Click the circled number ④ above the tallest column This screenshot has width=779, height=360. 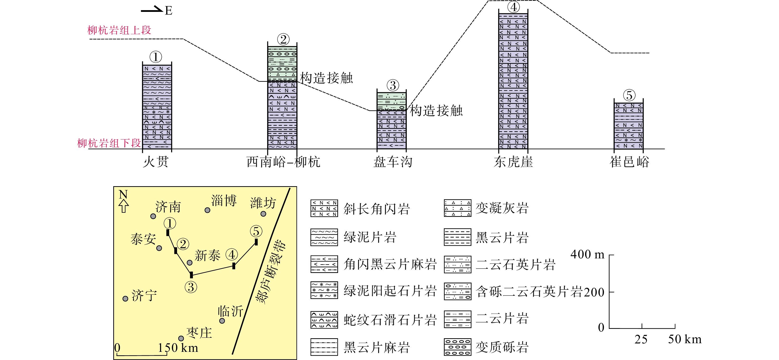(513, 7)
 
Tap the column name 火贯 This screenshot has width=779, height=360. (156, 162)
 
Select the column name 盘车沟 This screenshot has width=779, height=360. (392, 162)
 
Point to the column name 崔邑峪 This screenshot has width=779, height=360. (629, 162)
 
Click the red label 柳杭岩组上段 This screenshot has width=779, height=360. (119, 30)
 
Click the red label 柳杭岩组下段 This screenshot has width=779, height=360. (109, 143)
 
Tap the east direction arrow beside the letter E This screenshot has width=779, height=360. (152, 10)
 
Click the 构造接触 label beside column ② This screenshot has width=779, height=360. (326, 78)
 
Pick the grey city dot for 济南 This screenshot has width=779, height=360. (153, 216)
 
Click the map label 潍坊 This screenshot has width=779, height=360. (263, 202)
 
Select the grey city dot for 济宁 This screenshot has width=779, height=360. (125, 299)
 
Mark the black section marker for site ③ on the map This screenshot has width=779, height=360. (191, 275)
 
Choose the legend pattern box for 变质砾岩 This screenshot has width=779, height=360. (458, 347)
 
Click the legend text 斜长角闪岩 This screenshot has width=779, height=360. (376, 209)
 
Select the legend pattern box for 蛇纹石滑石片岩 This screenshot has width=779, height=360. (324, 320)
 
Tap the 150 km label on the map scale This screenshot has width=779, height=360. (178, 348)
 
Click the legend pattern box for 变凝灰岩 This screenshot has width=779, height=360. (458, 208)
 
